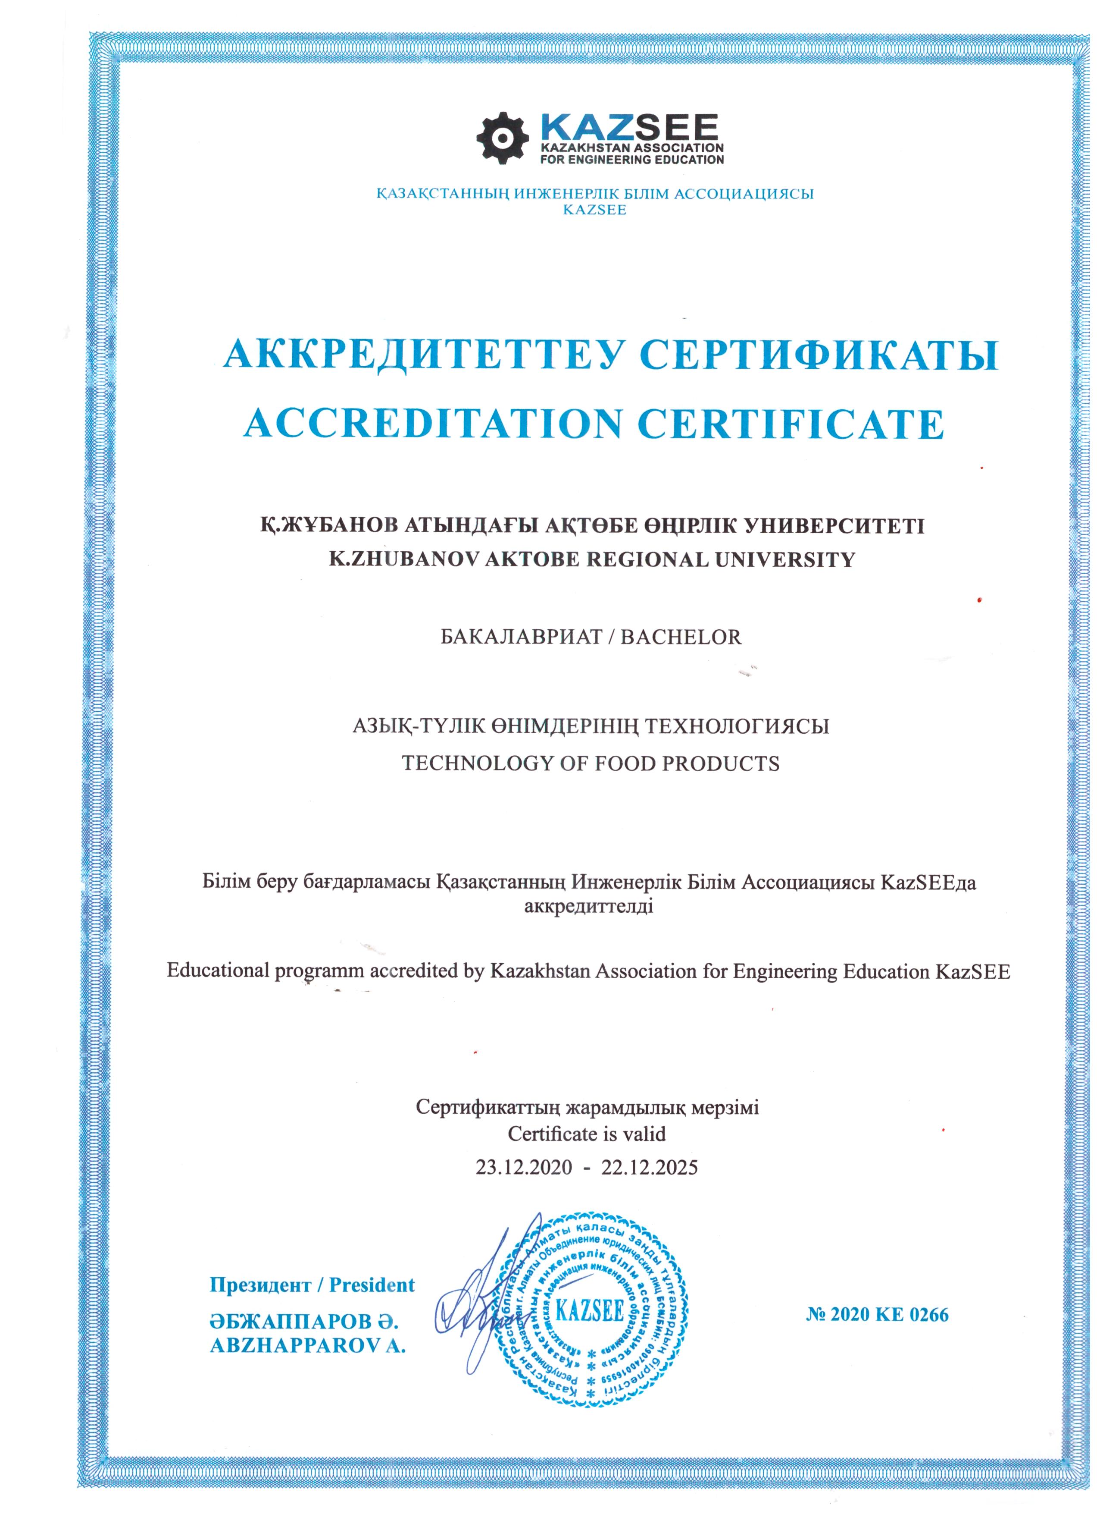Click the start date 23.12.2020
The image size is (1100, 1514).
coord(524,1168)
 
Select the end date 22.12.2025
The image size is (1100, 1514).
coord(650,1168)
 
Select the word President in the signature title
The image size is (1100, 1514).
coord(372,1285)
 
